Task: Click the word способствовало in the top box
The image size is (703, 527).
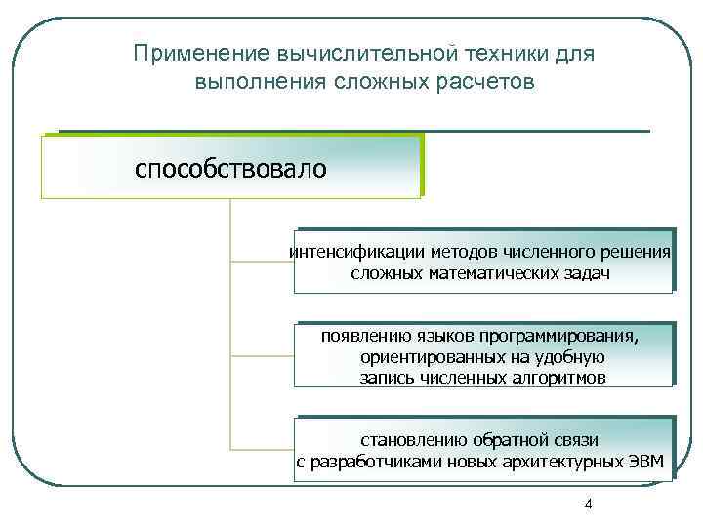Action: (230, 169)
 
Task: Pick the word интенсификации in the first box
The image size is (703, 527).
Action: (348, 253)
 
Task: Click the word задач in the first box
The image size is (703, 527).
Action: (587, 273)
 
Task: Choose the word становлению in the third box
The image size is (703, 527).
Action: (414, 440)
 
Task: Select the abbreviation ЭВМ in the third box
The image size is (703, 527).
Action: (645, 461)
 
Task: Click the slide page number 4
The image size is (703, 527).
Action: (587, 504)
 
